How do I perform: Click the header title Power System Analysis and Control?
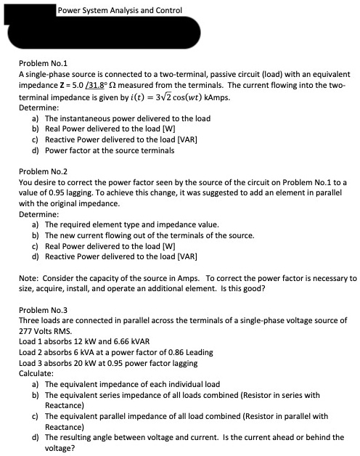tap(120, 10)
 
